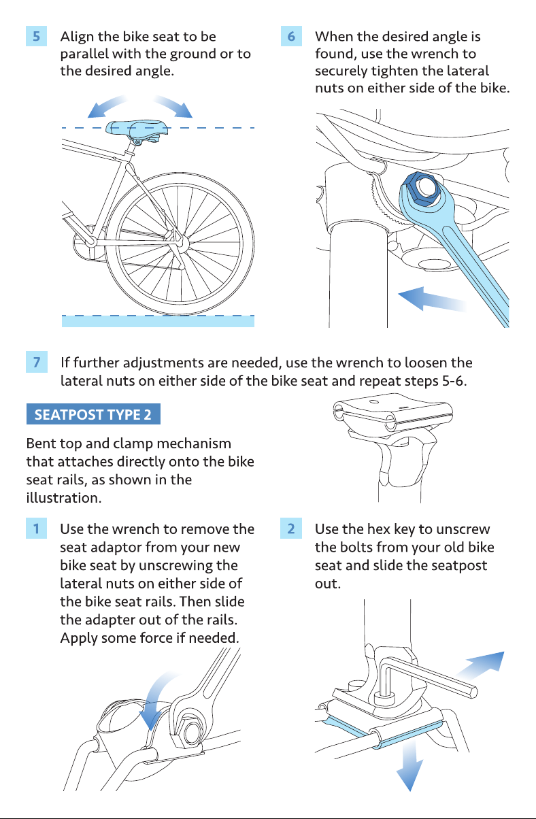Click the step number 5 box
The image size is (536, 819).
(36, 36)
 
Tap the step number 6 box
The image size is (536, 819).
(291, 36)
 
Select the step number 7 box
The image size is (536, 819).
(36, 362)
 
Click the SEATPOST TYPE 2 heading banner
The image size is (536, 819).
(93, 414)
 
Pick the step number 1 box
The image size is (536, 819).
(36, 529)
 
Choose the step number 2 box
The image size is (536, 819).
(291, 529)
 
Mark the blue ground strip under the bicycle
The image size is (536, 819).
(158, 321)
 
